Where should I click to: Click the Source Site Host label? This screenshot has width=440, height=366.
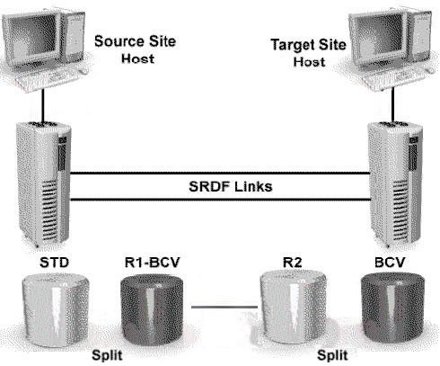[x=135, y=49]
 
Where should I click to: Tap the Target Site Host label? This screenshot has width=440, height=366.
[x=309, y=53]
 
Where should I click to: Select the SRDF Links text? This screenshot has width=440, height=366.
[x=231, y=186]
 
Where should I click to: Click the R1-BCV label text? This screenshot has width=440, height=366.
[x=152, y=262]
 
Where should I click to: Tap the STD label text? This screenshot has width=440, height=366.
[x=54, y=263]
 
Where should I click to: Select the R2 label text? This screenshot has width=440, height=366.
[x=293, y=263]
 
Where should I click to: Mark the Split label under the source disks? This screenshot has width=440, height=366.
[x=107, y=355]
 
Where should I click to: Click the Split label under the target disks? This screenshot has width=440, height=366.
[x=332, y=355]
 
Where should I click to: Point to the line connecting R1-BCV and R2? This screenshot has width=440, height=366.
[x=224, y=307]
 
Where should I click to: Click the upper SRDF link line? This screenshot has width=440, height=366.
[x=220, y=173]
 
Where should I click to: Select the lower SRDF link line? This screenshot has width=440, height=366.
[x=220, y=200]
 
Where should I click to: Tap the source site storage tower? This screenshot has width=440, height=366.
[x=44, y=183]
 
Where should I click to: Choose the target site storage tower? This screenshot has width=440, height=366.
[x=394, y=183]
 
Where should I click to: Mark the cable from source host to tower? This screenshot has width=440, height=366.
[x=43, y=105]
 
